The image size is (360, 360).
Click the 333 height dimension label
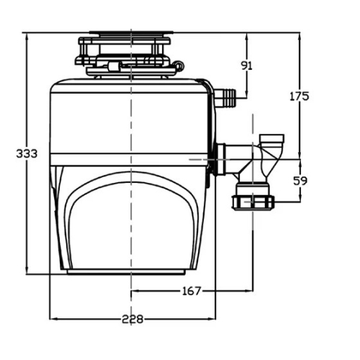[x=27, y=153]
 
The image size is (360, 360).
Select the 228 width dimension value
[x=132, y=319]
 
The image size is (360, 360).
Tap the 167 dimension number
[x=192, y=292]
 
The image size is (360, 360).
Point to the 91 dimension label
[x=247, y=66]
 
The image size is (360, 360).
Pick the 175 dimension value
[x=300, y=96]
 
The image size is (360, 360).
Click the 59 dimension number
[x=300, y=181]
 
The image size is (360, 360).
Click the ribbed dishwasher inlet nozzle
[x=226, y=98]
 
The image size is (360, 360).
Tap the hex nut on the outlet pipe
[x=253, y=203]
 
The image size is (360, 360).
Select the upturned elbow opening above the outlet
[x=272, y=139]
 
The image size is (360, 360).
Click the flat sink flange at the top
[x=131, y=32]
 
